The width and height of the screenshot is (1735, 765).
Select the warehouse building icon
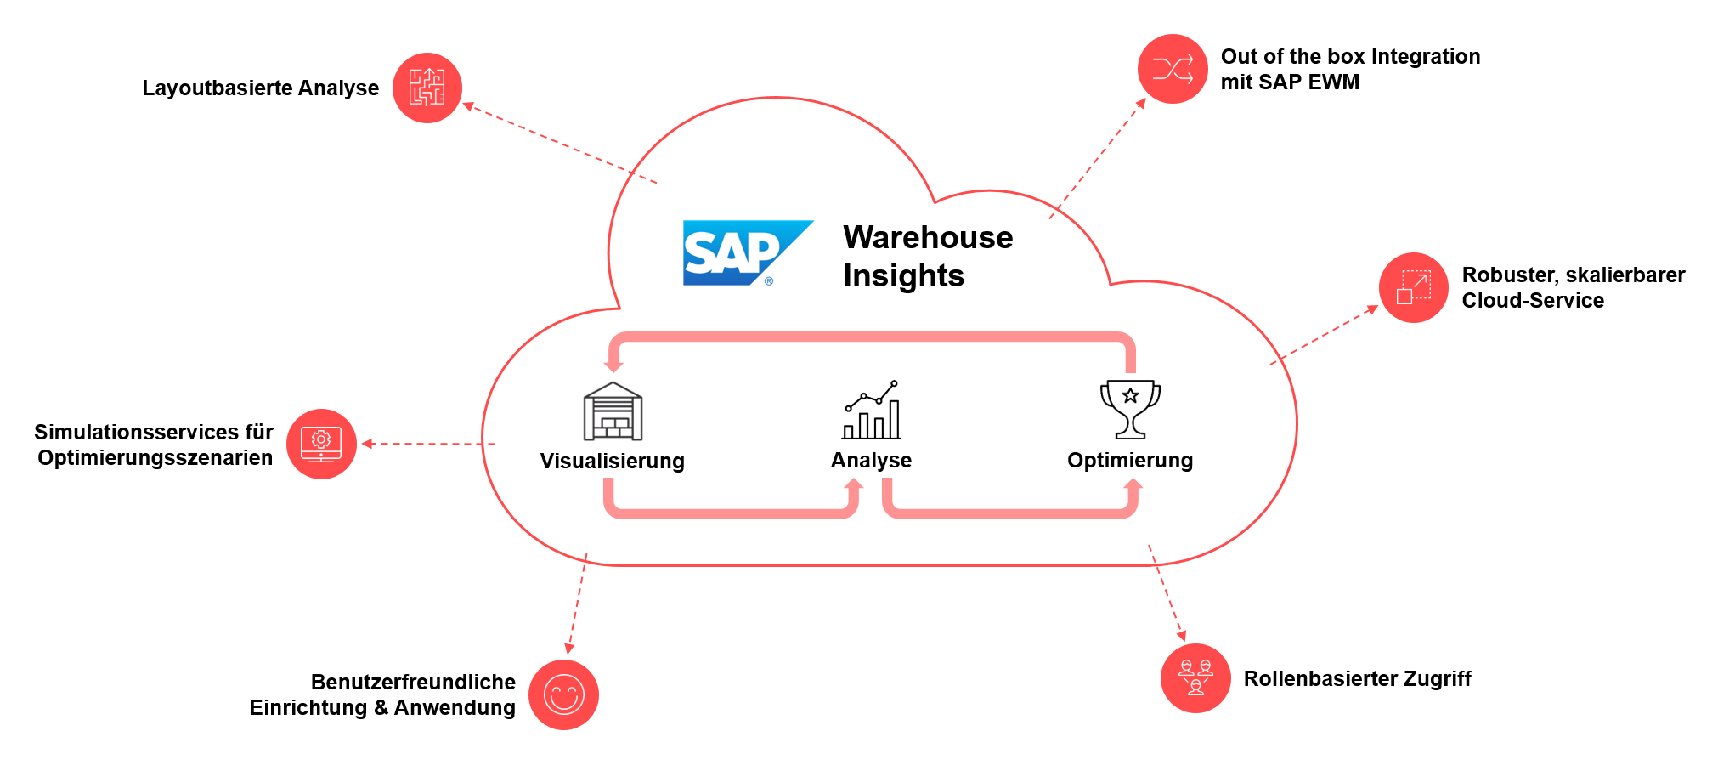[x=613, y=411]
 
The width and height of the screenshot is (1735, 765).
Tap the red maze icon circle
[x=427, y=88]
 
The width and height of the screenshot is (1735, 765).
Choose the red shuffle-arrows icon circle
[x=1173, y=69]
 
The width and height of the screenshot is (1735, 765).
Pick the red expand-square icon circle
[x=1414, y=287]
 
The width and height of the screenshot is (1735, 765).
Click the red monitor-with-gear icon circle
[x=321, y=444]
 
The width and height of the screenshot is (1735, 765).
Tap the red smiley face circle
[x=563, y=694]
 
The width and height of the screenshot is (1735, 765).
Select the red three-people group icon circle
[x=1195, y=677]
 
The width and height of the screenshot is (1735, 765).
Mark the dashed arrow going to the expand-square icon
[x=1324, y=335]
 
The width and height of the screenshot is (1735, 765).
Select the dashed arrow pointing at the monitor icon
[x=429, y=444]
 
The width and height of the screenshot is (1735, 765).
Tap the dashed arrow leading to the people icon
[x=1166, y=592]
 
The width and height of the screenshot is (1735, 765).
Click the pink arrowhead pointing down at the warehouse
[x=613, y=365]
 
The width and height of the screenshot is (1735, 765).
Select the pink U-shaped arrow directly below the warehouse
[x=731, y=511]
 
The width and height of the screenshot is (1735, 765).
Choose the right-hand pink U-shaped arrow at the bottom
[x=1011, y=511]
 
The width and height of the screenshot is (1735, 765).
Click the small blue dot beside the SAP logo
[x=769, y=281]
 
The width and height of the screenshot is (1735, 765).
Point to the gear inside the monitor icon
[x=321, y=439]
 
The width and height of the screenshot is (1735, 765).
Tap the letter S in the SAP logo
[x=701, y=253]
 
